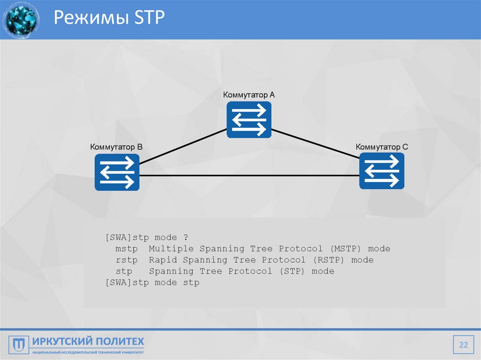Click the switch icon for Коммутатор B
[x=117, y=172]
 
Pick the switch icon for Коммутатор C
[x=381, y=171]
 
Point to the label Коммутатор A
[x=249, y=95]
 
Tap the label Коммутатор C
[x=381, y=147]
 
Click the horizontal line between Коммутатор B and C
[x=249, y=176]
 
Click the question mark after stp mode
[x=186, y=237]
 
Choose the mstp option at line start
[x=126, y=249]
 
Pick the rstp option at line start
[x=126, y=260]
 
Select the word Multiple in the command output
[x=171, y=249]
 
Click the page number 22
[x=464, y=345]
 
